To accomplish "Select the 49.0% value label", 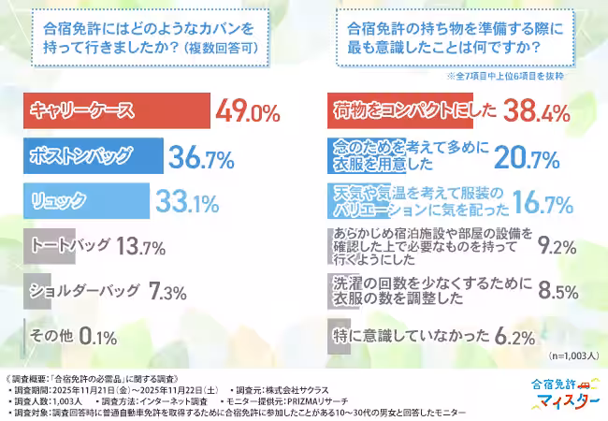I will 248,114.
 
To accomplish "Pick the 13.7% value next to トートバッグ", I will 141,248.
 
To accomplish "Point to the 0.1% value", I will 98,335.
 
